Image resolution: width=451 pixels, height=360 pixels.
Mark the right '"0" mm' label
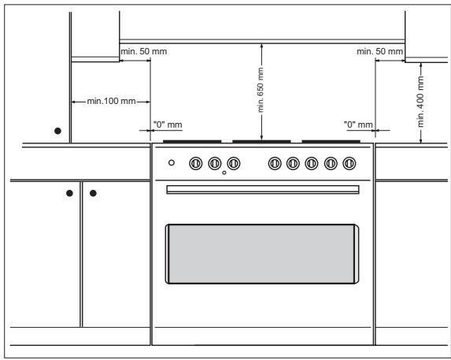[358, 124]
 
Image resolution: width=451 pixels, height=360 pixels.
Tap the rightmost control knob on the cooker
[350, 163]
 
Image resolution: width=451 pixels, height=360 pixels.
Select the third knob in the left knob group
[234, 163]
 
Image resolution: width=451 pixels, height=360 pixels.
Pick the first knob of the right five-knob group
[275, 163]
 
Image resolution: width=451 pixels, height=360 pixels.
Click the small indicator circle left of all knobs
[172, 163]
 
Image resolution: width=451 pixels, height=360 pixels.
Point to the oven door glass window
[262, 253]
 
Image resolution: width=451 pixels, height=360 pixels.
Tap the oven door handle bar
[262, 189]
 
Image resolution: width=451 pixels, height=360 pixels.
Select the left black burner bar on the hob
[192, 142]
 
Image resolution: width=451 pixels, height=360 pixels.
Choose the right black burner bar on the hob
[331, 142]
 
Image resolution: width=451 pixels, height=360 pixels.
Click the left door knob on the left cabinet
[71, 191]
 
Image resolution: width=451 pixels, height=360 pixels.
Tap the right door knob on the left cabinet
[93, 191]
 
